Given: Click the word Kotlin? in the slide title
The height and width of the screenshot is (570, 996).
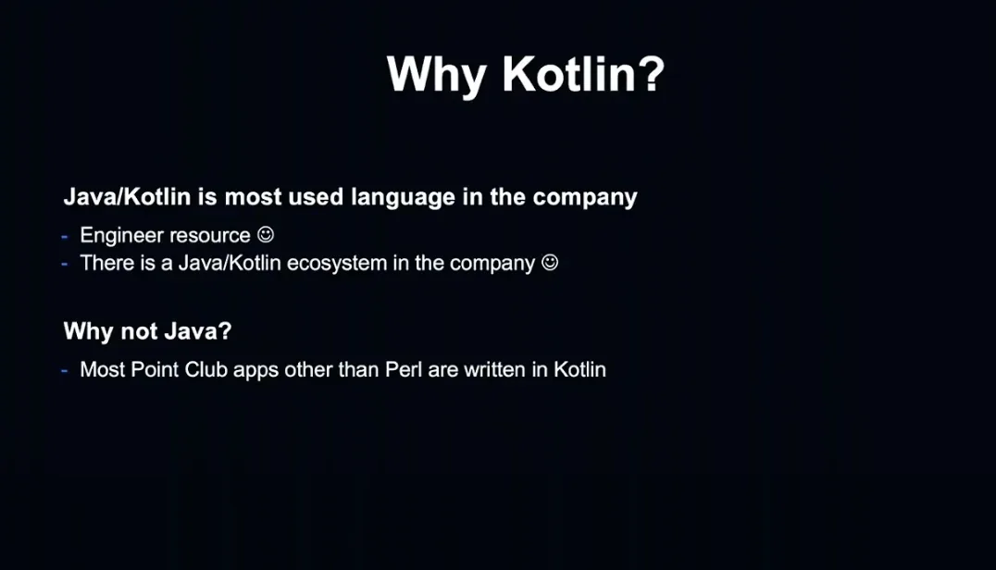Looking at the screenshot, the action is click(x=583, y=74).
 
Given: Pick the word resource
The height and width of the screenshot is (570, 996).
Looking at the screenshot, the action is click(x=209, y=235).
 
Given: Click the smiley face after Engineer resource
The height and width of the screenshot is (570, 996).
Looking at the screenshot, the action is click(x=266, y=235).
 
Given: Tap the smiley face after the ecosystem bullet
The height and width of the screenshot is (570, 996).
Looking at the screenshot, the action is click(x=550, y=262).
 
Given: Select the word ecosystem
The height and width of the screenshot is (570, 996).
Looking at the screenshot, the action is click(x=337, y=264).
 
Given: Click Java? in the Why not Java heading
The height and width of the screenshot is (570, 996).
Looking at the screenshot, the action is click(x=198, y=330).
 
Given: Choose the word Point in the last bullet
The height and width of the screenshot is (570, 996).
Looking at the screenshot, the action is click(x=155, y=369).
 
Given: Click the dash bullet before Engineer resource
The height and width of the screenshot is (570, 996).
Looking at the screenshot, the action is click(x=65, y=238).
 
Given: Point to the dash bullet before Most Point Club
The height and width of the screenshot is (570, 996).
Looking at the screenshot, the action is click(x=65, y=371).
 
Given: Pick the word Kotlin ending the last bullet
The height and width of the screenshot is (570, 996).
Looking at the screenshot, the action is click(x=580, y=369).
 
